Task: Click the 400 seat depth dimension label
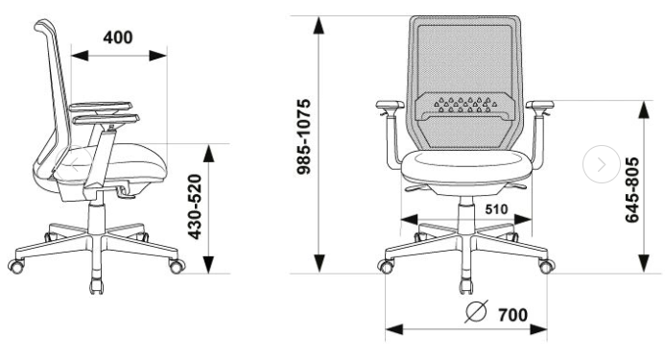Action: coord(118,37)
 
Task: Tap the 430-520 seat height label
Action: coord(195,206)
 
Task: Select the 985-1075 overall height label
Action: coord(303,136)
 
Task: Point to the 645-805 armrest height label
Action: coord(632,190)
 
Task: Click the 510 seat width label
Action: coord(496,209)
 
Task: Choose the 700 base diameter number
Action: coord(513,315)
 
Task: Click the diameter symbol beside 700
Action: coord(476,312)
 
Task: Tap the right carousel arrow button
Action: coord(602,164)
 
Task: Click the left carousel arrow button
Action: coord(75,164)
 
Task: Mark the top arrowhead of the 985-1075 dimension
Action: coord(319,25)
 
